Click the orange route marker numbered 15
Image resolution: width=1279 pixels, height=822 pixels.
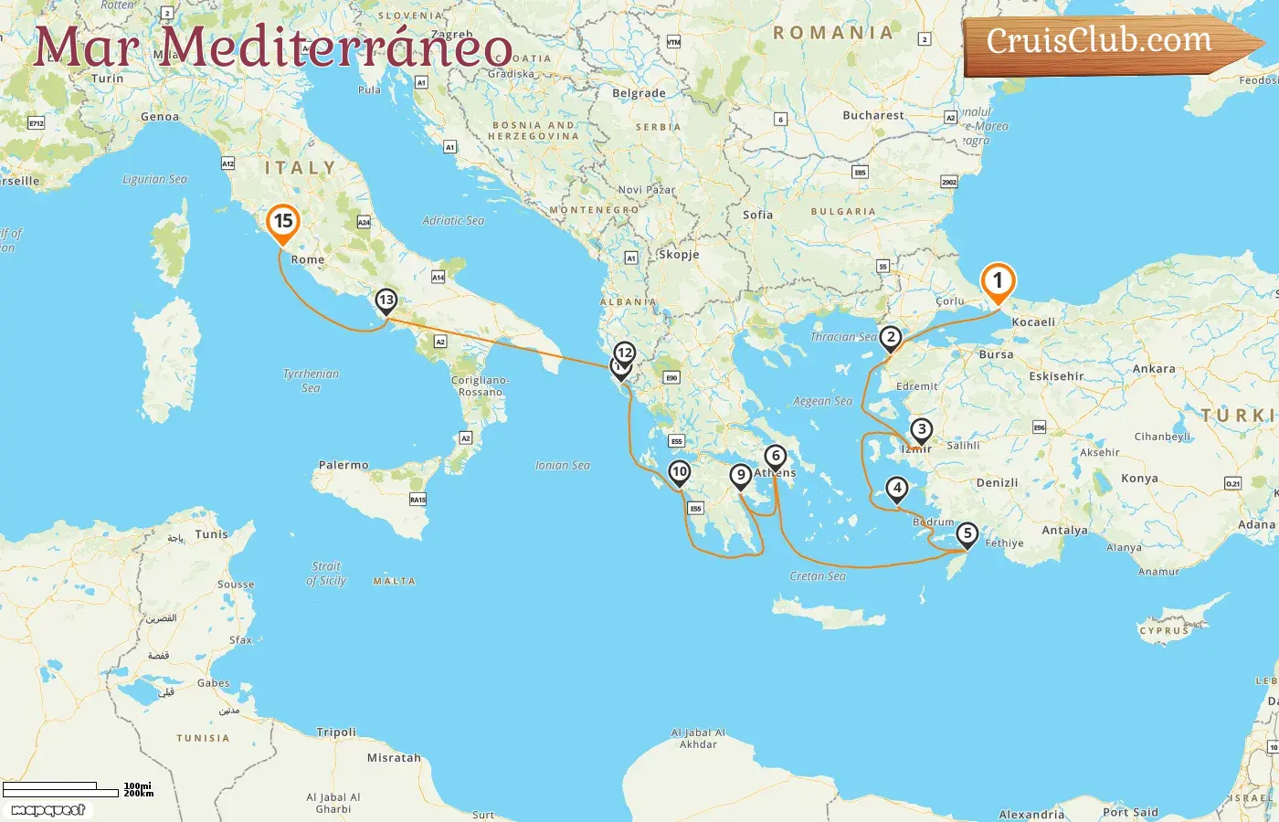(x=283, y=222)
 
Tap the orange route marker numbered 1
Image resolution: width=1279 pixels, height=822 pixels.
(x=998, y=281)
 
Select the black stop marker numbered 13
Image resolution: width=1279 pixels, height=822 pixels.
(x=386, y=300)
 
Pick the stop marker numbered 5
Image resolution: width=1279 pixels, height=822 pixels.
(x=967, y=534)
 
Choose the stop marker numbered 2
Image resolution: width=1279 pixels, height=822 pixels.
(x=891, y=338)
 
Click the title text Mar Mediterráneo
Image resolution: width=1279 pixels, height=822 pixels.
(x=272, y=47)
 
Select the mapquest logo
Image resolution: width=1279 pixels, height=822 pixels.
(x=48, y=810)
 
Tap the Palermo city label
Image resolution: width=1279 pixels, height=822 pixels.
(x=344, y=466)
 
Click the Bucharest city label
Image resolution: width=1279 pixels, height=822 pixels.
(x=873, y=116)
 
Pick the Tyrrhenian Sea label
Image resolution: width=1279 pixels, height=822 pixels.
(x=311, y=381)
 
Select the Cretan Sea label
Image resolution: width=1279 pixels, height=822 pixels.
(x=818, y=576)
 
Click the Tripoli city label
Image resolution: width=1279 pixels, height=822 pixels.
(x=336, y=732)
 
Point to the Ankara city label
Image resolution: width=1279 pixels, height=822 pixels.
(x=1154, y=369)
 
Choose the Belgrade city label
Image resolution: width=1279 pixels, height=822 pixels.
(x=639, y=94)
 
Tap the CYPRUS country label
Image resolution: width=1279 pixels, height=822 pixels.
(x=1164, y=630)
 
